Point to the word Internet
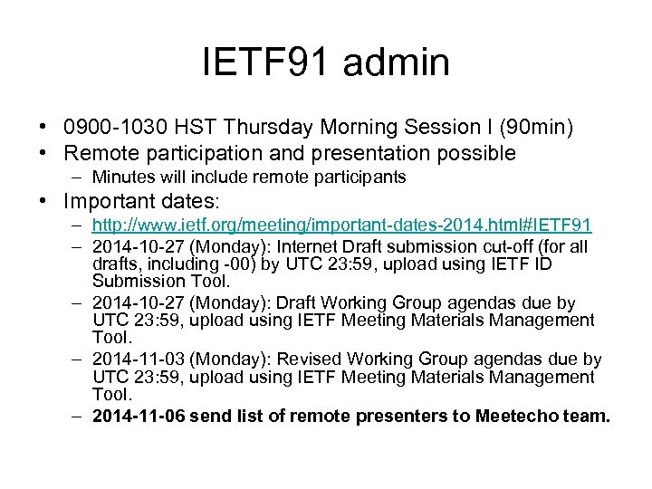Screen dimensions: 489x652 [318, 246]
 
